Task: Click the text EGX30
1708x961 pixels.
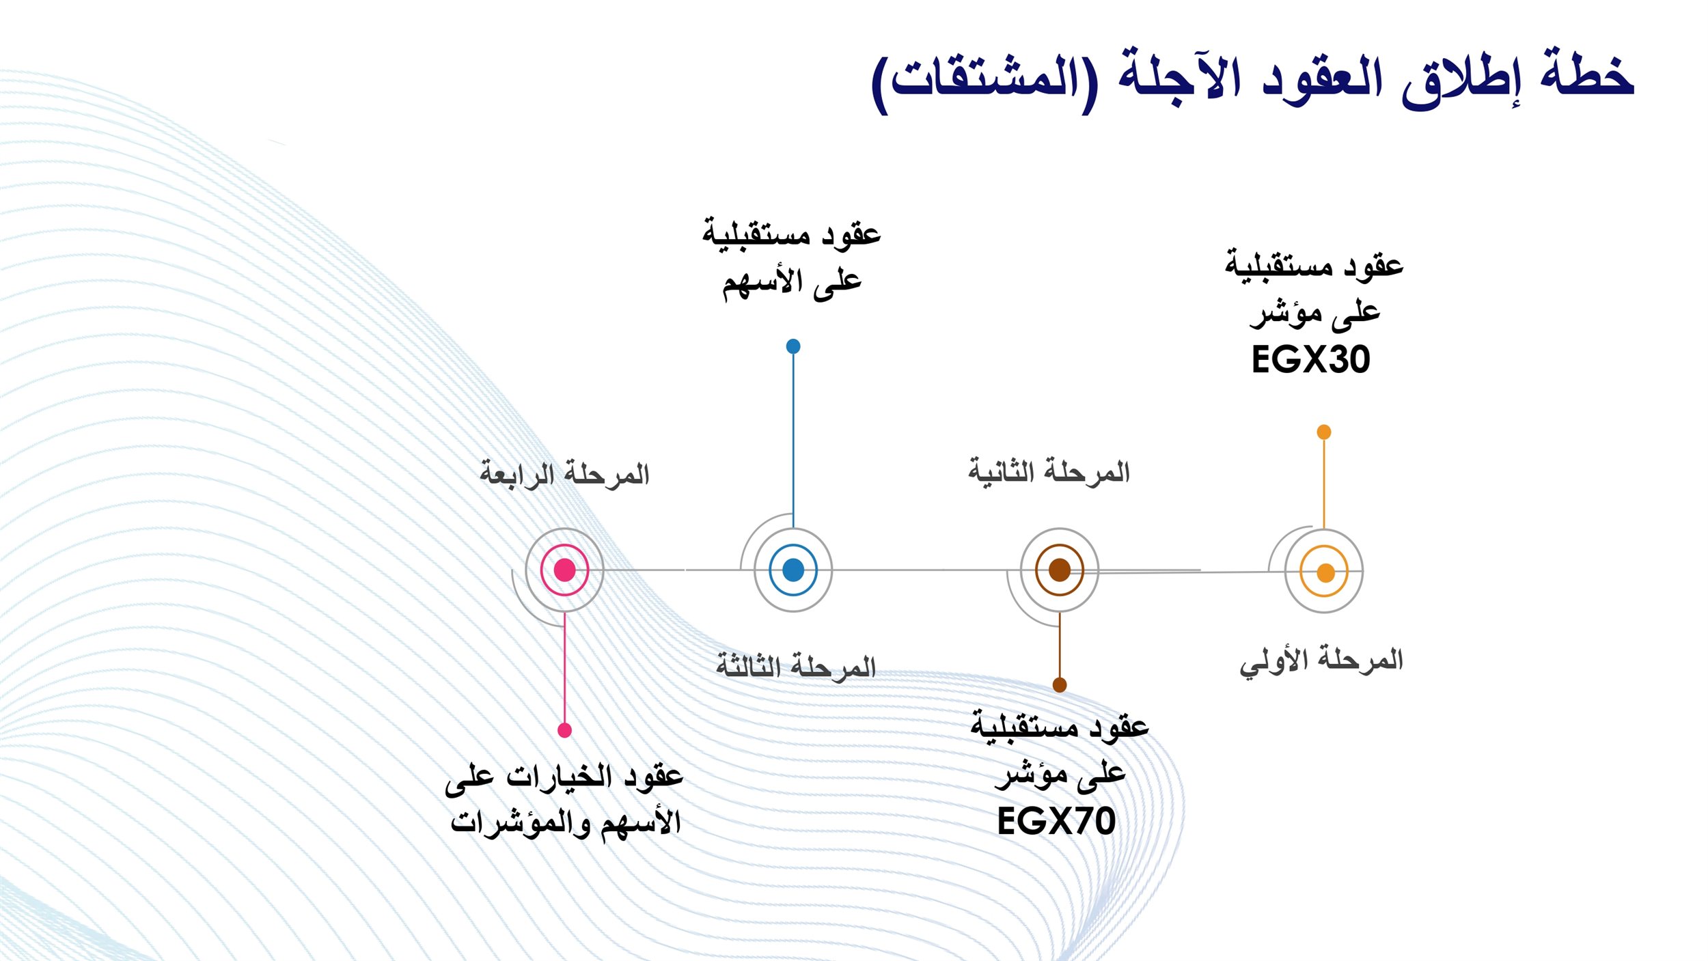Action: [1310, 360]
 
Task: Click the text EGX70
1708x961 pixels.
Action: [1056, 821]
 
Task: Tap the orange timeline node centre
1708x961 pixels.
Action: [1325, 572]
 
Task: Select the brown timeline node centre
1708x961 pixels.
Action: [1060, 570]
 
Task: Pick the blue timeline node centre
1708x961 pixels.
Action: [793, 570]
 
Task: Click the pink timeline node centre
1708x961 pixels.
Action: [564, 570]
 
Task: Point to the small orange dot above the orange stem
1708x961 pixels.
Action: [1324, 432]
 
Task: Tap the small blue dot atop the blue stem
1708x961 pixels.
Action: [793, 346]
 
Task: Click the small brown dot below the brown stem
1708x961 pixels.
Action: [1060, 685]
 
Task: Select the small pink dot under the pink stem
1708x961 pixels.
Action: [564, 731]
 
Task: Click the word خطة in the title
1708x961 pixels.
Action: [1586, 75]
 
